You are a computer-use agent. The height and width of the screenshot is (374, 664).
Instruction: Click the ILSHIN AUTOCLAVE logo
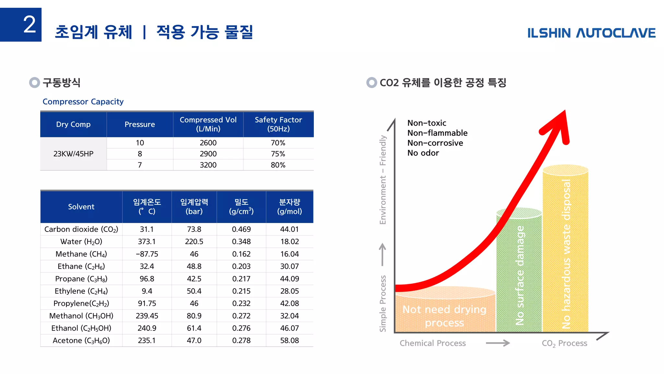click(591, 33)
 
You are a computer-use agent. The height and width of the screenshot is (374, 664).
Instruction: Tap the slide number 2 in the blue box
click(29, 25)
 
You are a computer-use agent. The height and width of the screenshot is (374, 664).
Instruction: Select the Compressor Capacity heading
click(83, 102)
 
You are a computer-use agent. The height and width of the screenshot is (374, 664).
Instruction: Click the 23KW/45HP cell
click(73, 154)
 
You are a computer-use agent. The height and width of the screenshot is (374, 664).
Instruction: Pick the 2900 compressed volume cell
click(208, 154)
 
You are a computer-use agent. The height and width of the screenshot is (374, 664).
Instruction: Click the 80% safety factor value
click(278, 165)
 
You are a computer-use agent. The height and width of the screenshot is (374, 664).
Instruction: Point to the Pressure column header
click(139, 124)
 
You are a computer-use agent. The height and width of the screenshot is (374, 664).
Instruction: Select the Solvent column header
click(81, 207)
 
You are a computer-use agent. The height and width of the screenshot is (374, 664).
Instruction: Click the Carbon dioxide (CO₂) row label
click(81, 229)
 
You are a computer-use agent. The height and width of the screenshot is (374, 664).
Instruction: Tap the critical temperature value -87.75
click(147, 254)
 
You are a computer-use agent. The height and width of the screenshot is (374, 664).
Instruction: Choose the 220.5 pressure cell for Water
click(194, 242)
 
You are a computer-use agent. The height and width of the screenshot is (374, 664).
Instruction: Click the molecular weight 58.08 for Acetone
click(289, 341)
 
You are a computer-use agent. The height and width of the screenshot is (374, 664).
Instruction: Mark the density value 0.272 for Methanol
click(241, 316)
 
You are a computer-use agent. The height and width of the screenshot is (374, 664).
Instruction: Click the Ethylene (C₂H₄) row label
click(81, 291)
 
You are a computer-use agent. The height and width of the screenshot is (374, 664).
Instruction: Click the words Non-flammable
click(437, 133)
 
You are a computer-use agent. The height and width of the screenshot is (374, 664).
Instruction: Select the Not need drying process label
click(444, 316)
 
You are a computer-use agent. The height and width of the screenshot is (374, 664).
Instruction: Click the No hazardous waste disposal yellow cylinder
click(566, 253)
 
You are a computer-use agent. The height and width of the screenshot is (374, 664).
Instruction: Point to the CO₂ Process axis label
click(564, 343)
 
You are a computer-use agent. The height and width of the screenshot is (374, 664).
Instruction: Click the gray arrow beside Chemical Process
click(498, 343)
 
